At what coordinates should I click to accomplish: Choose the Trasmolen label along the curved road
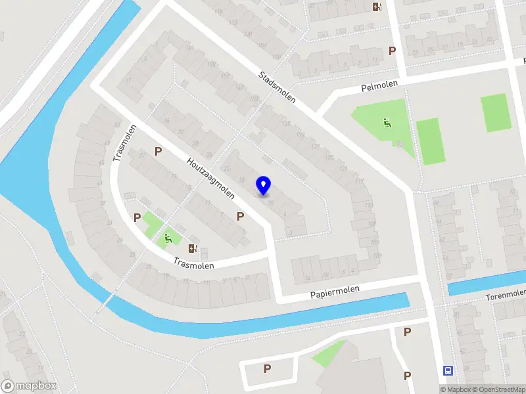[195, 263]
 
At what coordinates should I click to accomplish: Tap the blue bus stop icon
[448, 371]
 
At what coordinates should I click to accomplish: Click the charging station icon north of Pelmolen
[377, 7]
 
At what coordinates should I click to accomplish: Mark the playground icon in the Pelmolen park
[387, 121]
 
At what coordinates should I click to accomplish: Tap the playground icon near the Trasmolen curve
[169, 238]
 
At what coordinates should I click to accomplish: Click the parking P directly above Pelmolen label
[393, 51]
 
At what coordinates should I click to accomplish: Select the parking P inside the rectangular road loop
[267, 368]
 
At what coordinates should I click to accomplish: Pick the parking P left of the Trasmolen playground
[137, 217]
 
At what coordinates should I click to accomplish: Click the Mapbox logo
[30, 385]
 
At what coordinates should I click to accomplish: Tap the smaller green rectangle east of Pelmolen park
[496, 112]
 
